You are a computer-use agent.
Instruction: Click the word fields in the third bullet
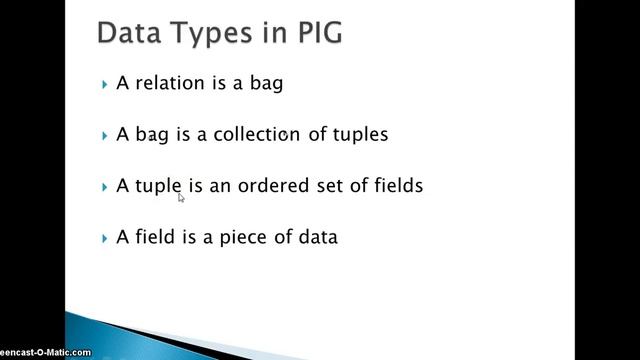click(397, 186)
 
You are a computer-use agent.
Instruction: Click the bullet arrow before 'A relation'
click(105, 84)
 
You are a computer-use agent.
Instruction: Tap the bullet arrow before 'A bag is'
click(105, 135)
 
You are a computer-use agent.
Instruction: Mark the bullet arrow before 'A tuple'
click(105, 187)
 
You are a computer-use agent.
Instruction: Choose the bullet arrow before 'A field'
click(105, 238)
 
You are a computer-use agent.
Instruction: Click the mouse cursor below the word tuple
click(181, 198)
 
